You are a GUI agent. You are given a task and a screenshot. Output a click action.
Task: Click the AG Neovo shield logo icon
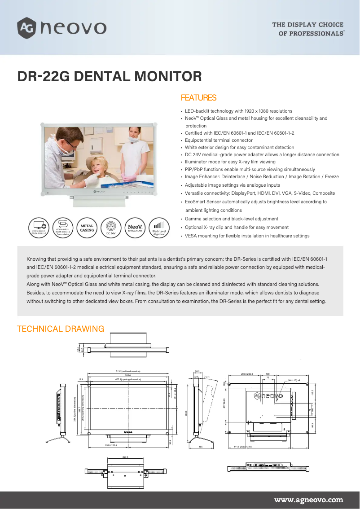pos(26,28)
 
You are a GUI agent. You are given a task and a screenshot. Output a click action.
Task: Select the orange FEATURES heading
pos(198,98)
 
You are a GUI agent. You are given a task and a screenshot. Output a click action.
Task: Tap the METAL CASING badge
pos(87,228)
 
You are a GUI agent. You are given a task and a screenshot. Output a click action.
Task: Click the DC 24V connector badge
pos(111,228)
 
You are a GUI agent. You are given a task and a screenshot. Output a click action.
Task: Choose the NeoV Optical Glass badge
pos(135,228)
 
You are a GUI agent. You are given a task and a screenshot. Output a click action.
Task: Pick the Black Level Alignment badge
pos(159,228)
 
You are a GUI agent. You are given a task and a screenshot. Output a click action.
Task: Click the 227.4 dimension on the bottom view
pos(125,457)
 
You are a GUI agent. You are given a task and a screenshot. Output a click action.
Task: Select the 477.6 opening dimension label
pos(129,380)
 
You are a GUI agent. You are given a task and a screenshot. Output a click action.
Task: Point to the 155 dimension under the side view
pos(201,447)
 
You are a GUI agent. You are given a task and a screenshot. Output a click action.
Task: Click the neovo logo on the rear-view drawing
pos(269,396)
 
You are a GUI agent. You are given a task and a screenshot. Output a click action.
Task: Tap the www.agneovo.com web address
pos(308,500)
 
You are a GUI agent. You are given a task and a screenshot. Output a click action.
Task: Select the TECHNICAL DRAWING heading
pos(61,329)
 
